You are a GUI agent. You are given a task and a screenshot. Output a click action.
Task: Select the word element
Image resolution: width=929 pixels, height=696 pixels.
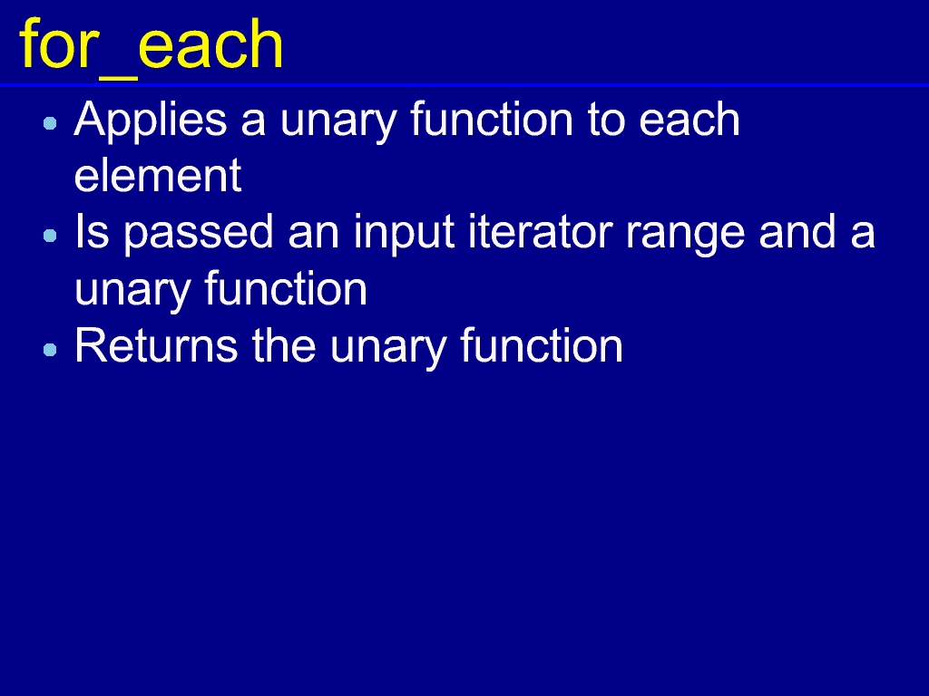[158, 175]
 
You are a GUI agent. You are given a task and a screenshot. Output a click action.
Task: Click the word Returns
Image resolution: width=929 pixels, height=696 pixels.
[156, 345]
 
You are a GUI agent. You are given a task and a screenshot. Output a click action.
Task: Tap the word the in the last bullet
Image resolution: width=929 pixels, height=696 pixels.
[284, 345]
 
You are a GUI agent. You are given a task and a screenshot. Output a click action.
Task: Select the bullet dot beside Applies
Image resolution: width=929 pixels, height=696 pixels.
[51, 123]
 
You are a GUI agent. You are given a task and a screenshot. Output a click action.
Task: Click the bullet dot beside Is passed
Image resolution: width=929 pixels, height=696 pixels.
[51, 236]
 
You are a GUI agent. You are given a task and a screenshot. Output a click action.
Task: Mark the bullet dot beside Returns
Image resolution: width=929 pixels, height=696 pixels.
[51, 349]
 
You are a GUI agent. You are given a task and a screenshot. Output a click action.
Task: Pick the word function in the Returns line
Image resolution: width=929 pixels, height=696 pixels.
[542, 345]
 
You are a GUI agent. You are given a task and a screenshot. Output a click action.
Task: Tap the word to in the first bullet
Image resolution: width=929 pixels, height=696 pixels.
[606, 121]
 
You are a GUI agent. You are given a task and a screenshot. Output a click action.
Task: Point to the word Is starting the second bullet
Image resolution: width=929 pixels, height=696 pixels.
[92, 231]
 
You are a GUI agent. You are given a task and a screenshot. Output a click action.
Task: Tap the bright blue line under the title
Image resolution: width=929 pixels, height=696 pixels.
[464, 86]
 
